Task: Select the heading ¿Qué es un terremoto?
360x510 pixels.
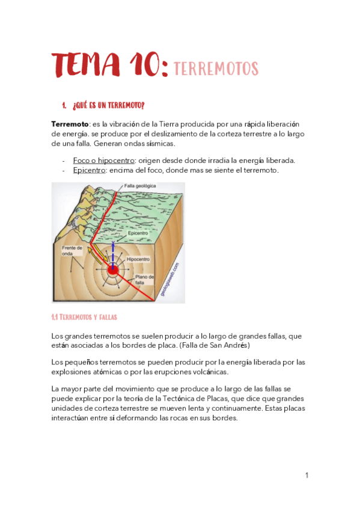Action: click(108, 106)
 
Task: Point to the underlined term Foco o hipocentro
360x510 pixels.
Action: click(103, 161)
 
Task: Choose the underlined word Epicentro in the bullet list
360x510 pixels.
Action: click(90, 170)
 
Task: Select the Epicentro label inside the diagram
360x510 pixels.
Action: click(138, 233)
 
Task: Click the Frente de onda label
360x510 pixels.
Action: click(71, 251)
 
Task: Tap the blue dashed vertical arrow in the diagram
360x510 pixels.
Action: click(112, 253)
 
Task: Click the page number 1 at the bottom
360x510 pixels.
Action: click(307, 476)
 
